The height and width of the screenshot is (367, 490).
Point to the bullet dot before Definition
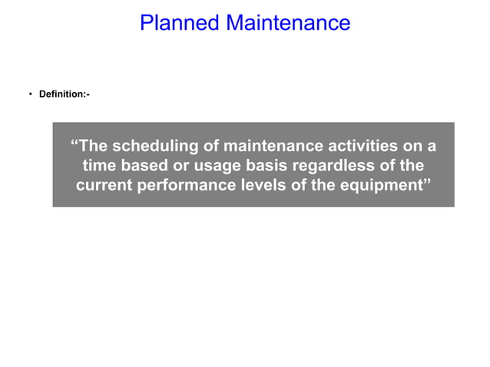tap(31, 94)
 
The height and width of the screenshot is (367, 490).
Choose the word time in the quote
tap(100, 165)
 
